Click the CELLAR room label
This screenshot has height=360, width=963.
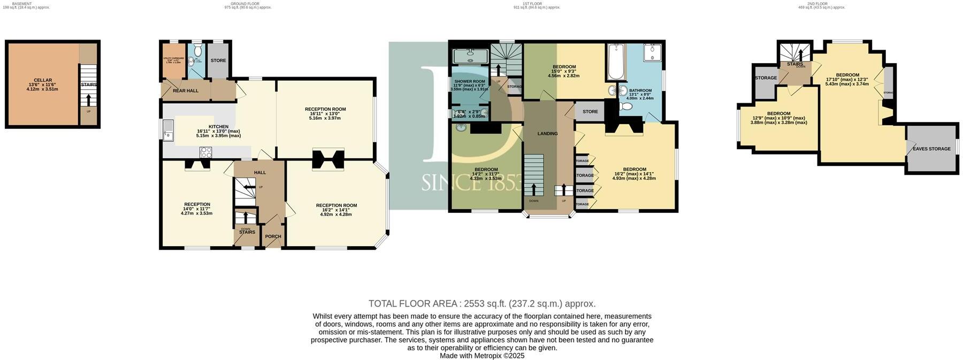[x=42, y=80]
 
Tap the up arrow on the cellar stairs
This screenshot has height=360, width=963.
[x=88, y=100]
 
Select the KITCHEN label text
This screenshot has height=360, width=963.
[x=203, y=127]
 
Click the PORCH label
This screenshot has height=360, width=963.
[x=273, y=236]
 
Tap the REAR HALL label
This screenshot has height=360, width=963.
[x=185, y=91]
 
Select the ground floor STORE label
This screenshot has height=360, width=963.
[x=218, y=60]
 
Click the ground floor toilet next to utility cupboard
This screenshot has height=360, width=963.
[x=198, y=51]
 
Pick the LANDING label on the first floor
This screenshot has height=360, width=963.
[x=547, y=134]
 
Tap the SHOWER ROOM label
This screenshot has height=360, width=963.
[x=469, y=81]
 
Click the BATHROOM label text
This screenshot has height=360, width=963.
[x=640, y=91]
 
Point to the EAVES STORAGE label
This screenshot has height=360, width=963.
[x=931, y=149]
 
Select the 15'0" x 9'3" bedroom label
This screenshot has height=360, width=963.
[x=564, y=67]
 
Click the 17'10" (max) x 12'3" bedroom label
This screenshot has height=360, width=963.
[x=847, y=75]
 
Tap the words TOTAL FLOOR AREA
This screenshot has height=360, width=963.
[x=414, y=304]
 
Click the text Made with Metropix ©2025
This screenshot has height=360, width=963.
[x=481, y=356]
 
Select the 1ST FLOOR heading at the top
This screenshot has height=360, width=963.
[x=532, y=4]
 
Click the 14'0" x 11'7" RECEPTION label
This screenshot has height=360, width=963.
[x=197, y=204]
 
